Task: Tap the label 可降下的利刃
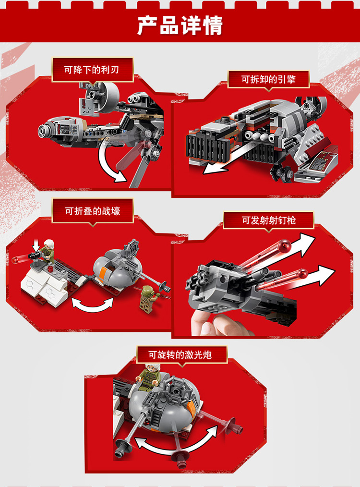point(92,70)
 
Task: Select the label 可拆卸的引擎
point(268,79)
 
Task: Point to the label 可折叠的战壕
point(93,211)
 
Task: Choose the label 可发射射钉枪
point(269,220)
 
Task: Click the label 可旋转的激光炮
point(180,354)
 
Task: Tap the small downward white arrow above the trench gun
point(36,245)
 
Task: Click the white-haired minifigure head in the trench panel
point(49,244)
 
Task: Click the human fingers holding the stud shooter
point(217,325)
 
